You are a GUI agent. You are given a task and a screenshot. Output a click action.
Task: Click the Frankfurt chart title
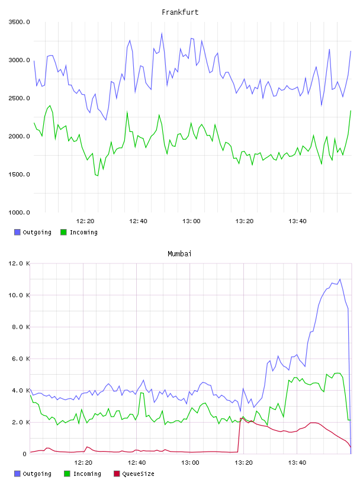coord(180,12)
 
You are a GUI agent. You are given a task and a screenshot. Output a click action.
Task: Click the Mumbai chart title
coord(179,254)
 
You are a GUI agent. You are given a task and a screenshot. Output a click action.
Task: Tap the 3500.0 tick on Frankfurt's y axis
coord(19,22)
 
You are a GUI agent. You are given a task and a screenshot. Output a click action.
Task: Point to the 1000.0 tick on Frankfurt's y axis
coord(19,212)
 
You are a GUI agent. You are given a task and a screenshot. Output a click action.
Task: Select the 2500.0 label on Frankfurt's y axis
coord(19,98)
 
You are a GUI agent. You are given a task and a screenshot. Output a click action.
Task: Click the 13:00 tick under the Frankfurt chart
coord(191,221)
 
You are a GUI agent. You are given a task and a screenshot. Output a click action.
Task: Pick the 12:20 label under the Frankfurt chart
coord(85,221)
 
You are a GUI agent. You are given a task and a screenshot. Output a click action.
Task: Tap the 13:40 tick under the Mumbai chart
coord(297,462)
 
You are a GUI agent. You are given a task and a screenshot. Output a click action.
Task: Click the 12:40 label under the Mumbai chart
coord(137,462)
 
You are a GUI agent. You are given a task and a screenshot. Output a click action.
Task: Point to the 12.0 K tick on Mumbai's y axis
coord(19,263)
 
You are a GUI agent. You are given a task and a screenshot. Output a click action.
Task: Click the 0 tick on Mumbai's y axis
coord(25,454)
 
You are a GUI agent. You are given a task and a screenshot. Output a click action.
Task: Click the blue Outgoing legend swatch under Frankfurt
coord(17,232)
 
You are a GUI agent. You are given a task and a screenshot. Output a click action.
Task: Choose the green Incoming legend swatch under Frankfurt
coord(63,232)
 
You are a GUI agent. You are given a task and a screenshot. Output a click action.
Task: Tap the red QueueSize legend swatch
coord(117,474)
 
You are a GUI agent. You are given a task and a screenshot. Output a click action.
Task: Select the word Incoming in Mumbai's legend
coord(87,474)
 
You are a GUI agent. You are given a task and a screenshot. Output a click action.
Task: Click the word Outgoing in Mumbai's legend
coord(37,474)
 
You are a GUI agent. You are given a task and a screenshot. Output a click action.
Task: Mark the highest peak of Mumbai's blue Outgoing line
coord(340,279)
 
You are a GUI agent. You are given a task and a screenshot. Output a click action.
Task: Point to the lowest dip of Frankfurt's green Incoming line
coord(98,176)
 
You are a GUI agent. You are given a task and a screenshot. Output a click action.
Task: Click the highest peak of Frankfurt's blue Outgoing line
coord(162,33)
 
